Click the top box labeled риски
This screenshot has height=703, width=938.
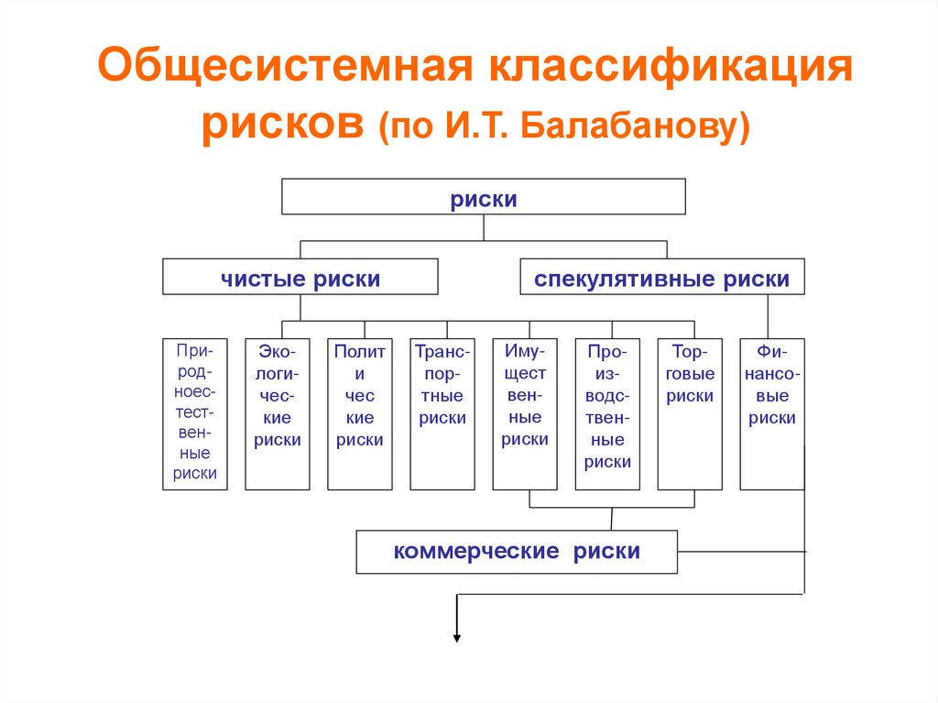(x=483, y=198)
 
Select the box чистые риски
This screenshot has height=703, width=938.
(x=300, y=277)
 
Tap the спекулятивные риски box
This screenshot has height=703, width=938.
(x=661, y=277)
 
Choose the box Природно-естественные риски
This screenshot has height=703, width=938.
(x=195, y=413)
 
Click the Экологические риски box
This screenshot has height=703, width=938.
(x=278, y=413)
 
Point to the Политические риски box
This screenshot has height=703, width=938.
(x=360, y=413)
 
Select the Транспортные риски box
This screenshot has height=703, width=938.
(x=442, y=413)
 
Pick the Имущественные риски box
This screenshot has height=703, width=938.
(x=525, y=413)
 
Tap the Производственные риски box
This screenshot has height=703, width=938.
(x=607, y=413)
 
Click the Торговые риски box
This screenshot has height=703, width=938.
(x=690, y=413)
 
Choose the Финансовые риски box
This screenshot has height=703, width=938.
(x=772, y=413)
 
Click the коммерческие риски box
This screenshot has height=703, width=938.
(x=517, y=552)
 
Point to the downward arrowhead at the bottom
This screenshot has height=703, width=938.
(x=456, y=639)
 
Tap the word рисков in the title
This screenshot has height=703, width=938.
(x=283, y=126)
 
